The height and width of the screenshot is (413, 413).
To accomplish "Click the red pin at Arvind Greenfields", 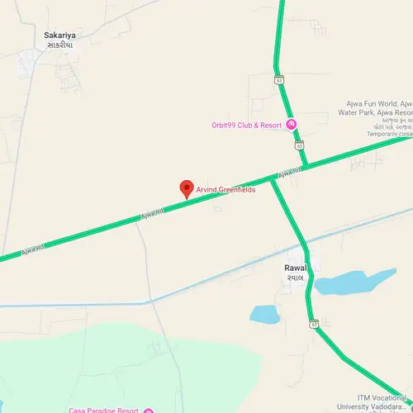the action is tap(187, 189).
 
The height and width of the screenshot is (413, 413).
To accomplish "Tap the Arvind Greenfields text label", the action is tap(225, 190).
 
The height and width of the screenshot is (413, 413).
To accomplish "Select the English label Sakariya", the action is tap(59, 36).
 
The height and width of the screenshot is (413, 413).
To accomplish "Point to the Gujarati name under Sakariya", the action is tap(59, 45).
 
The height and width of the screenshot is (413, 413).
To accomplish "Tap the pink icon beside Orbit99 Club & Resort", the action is tap(292, 125).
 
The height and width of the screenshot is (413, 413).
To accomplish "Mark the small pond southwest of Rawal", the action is tap(265, 314).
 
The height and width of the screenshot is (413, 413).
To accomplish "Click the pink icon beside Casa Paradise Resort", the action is tap(148, 411).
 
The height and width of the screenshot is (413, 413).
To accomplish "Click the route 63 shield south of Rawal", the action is tap(313, 322).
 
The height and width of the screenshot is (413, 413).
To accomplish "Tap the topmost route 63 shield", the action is tap(280, 80).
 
